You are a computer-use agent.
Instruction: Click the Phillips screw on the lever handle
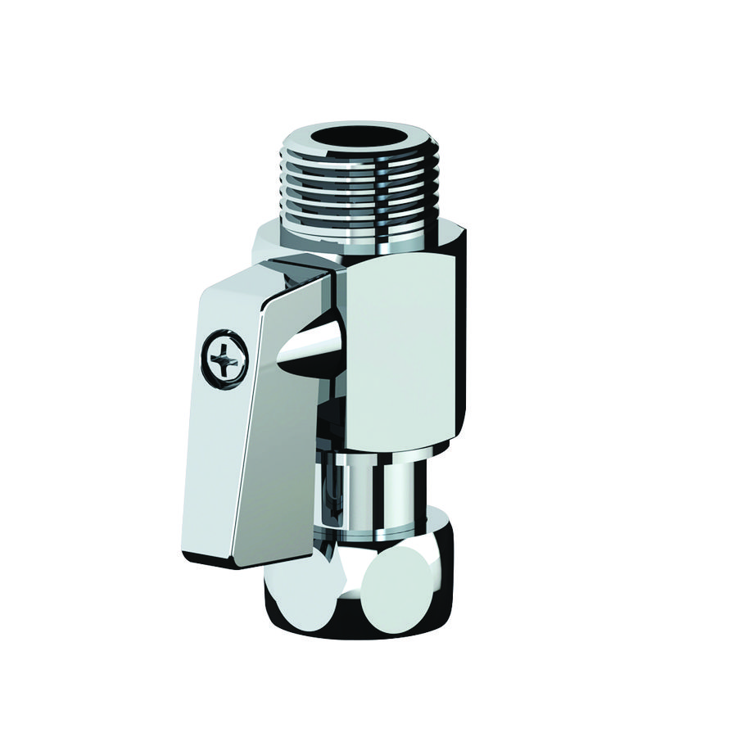222,356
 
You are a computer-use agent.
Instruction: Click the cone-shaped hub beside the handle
309,344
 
